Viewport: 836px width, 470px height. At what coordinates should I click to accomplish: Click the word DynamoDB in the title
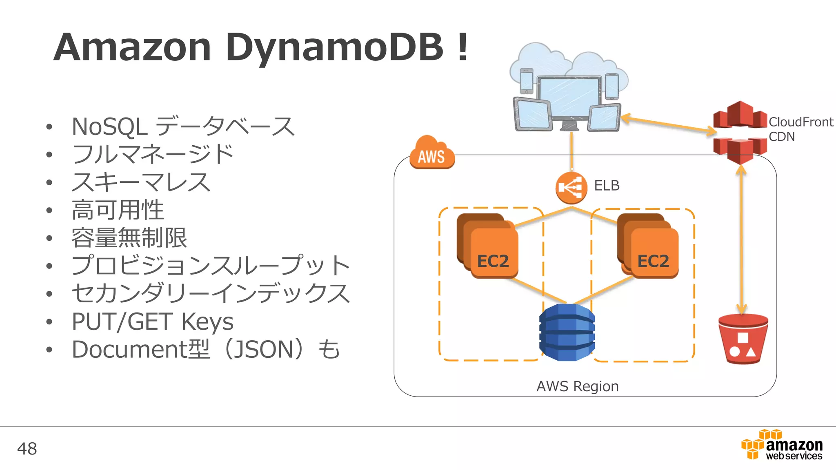[334, 48]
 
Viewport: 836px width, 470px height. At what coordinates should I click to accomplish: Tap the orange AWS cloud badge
[432, 154]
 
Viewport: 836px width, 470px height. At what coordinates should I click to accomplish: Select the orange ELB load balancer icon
[571, 188]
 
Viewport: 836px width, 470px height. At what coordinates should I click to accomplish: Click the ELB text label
[607, 186]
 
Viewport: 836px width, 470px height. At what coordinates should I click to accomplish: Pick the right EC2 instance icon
[649, 246]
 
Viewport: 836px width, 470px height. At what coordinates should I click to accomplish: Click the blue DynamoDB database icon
[567, 332]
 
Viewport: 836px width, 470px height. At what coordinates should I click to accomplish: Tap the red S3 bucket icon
[743, 339]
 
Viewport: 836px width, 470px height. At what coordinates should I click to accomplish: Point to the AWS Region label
[577, 386]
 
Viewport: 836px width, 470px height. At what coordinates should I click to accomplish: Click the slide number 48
[27, 449]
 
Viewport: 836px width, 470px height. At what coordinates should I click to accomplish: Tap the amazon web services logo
[782, 446]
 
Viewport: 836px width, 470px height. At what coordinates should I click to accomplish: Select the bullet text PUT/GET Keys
[152, 321]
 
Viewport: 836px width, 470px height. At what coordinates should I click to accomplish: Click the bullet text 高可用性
[118, 210]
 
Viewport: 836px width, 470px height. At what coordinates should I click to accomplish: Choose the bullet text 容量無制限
[129, 238]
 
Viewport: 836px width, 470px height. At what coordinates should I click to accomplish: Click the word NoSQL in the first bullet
[109, 126]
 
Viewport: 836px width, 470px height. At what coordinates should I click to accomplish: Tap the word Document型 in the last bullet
[140, 349]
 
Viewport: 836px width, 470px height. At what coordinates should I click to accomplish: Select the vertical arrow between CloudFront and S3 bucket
[741, 241]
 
